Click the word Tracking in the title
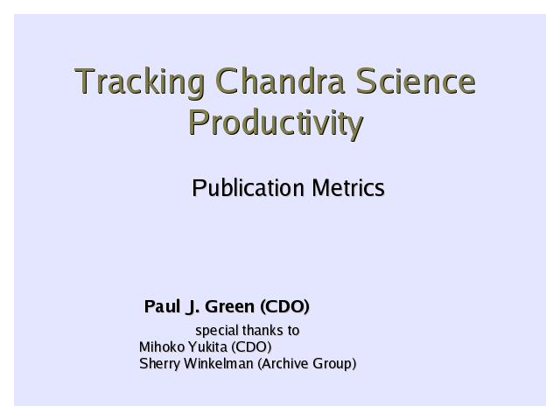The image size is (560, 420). (140, 82)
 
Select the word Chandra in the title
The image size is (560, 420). (280, 80)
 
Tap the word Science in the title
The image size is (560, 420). (416, 80)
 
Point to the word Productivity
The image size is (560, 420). (276, 123)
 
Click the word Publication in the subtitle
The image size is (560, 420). (248, 188)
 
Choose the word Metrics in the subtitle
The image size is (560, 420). (348, 188)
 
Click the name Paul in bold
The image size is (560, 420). (162, 306)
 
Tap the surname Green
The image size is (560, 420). (229, 306)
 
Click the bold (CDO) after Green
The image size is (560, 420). (284, 307)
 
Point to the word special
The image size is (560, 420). (217, 331)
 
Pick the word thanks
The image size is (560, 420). (262, 331)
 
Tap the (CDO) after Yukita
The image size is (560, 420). (251, 346)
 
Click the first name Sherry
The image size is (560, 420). (159, 364)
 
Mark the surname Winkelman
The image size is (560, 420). (219, 364)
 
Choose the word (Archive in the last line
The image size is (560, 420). (283, 364)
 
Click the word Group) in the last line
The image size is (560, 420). (334, 364)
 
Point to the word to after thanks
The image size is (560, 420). (293, 331)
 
